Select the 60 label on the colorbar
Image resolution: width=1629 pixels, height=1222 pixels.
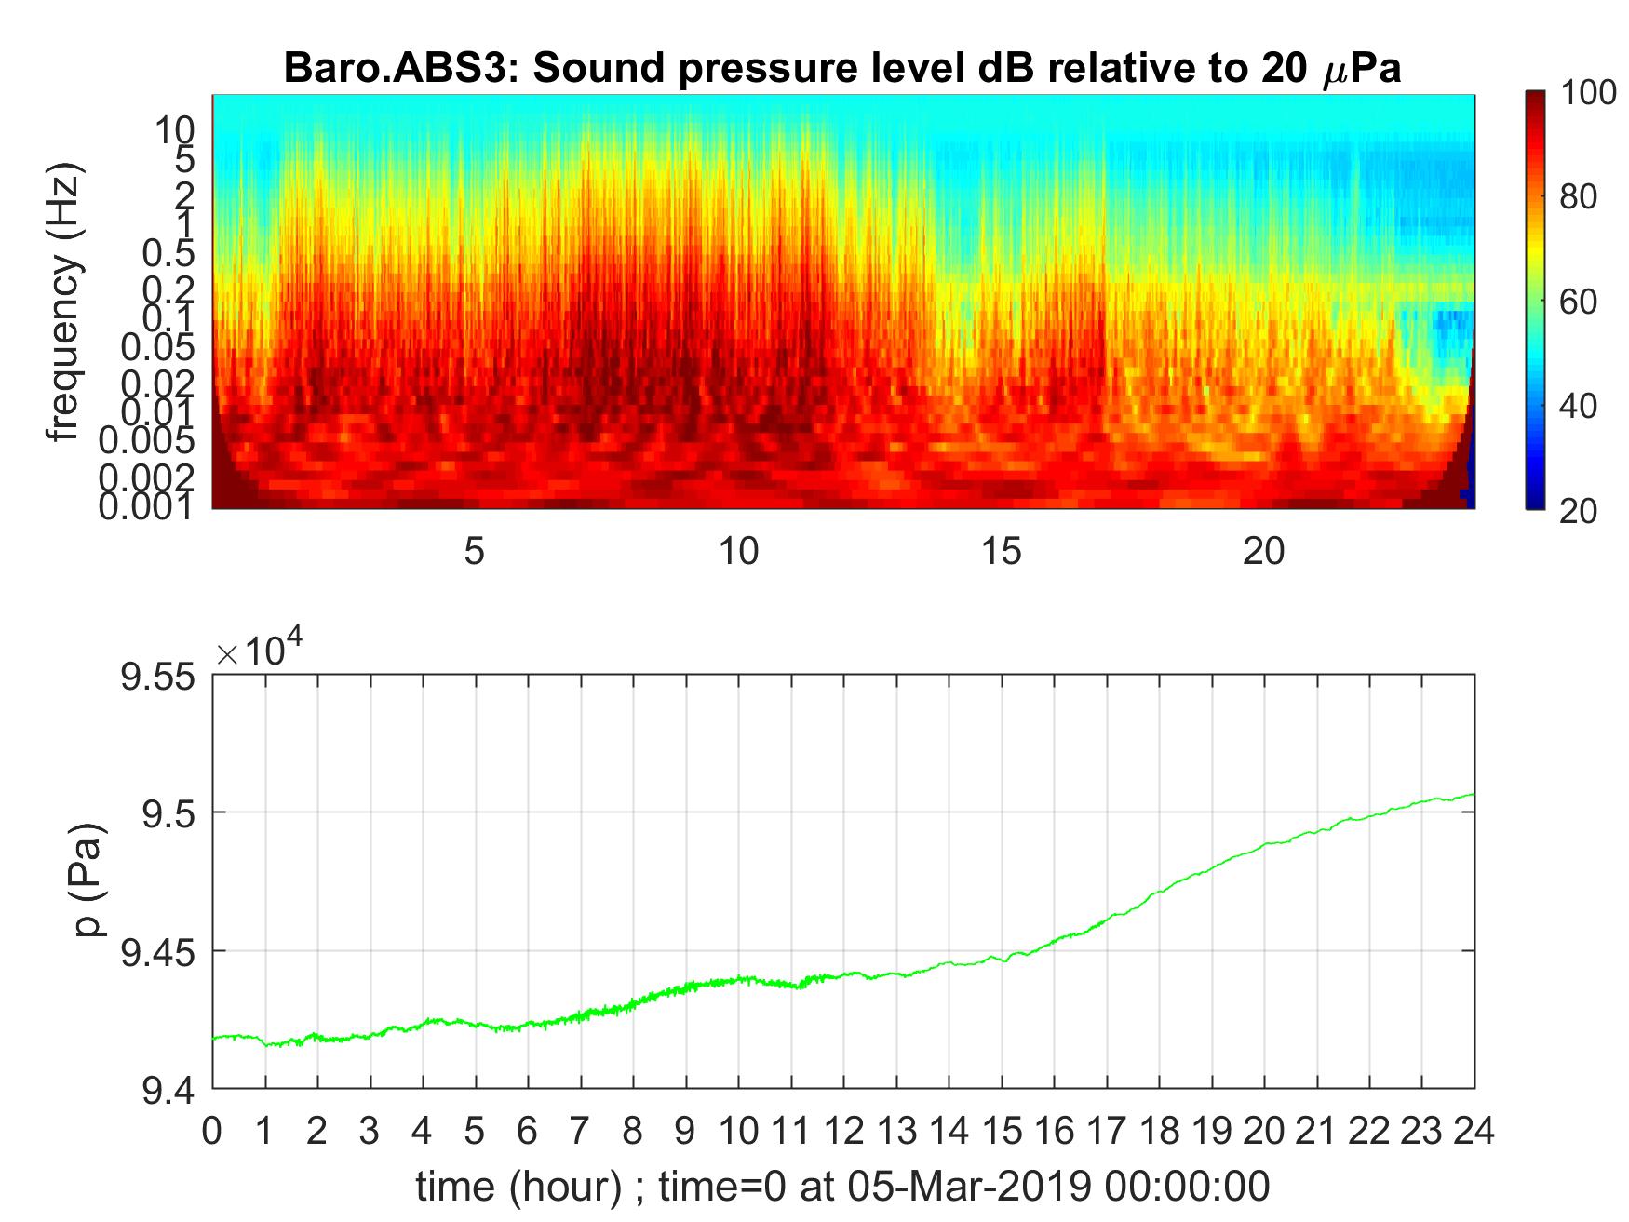1578,302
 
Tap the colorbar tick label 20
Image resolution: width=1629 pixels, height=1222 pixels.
1578,510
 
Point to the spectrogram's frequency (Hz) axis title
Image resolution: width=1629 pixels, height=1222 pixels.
65,302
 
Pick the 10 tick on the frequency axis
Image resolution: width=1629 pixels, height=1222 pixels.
174,130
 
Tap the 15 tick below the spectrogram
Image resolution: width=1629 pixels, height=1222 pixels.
1001,552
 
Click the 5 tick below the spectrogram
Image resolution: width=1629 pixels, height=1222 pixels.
475,552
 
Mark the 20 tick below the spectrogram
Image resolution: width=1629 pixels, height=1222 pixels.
1263,552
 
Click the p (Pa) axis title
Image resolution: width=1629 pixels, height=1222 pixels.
89,879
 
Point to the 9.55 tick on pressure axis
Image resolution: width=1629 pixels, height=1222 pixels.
158,676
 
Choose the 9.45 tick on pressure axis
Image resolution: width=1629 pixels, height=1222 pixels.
158,951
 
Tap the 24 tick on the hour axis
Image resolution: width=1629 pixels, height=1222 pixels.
1474,1131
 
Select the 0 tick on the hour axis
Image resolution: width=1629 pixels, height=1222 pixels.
213,1131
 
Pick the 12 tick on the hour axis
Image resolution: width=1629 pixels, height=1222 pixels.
843,1131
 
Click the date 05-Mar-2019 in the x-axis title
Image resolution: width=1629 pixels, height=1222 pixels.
968,1187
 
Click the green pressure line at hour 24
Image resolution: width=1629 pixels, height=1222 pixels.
1473,794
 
